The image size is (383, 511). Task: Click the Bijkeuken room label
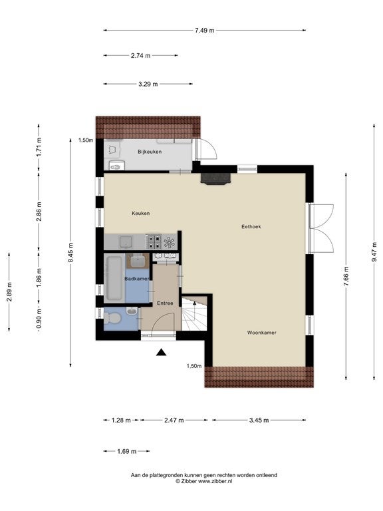tap(150, 152)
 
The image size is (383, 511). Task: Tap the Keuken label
tap(141, 213)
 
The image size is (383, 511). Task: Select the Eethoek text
tap(251, 226)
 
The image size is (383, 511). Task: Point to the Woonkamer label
tap(262, 333)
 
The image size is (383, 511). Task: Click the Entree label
tap(165, 303)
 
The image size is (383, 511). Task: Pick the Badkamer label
tap(137, 279)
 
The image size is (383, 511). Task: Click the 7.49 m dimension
tap(205, 31)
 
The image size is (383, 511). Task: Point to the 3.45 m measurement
tap(259, 420)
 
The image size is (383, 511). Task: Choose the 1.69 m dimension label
tap(127, 451)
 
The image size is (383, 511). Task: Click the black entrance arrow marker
tap(161, 352)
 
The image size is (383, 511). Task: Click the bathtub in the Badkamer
tap(114, 278)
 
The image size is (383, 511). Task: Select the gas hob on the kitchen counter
tap(154, 242)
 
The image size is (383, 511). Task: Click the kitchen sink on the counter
tap(126, 242)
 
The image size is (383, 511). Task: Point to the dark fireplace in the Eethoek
tap(215, 179)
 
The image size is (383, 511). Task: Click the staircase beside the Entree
tap(194, 314)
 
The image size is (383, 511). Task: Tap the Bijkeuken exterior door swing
tap(207, 149)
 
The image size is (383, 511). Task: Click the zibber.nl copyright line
tap(204, 481)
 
